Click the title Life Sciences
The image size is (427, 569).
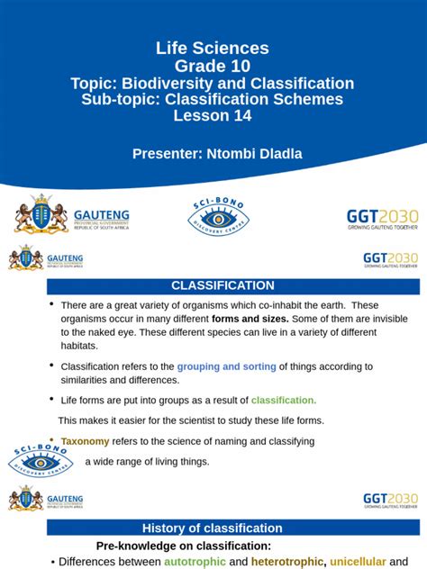(213, 49)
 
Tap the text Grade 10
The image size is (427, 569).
(213, 66)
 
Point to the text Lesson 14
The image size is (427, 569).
(213, 116)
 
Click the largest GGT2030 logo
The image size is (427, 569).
(382, 220)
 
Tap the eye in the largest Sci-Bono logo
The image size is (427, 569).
(216, 218)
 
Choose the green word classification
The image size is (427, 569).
(284, 400)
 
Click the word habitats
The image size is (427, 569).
(79, 345)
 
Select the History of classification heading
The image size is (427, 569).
(213, 528)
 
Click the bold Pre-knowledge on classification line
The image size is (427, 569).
(183, 546)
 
